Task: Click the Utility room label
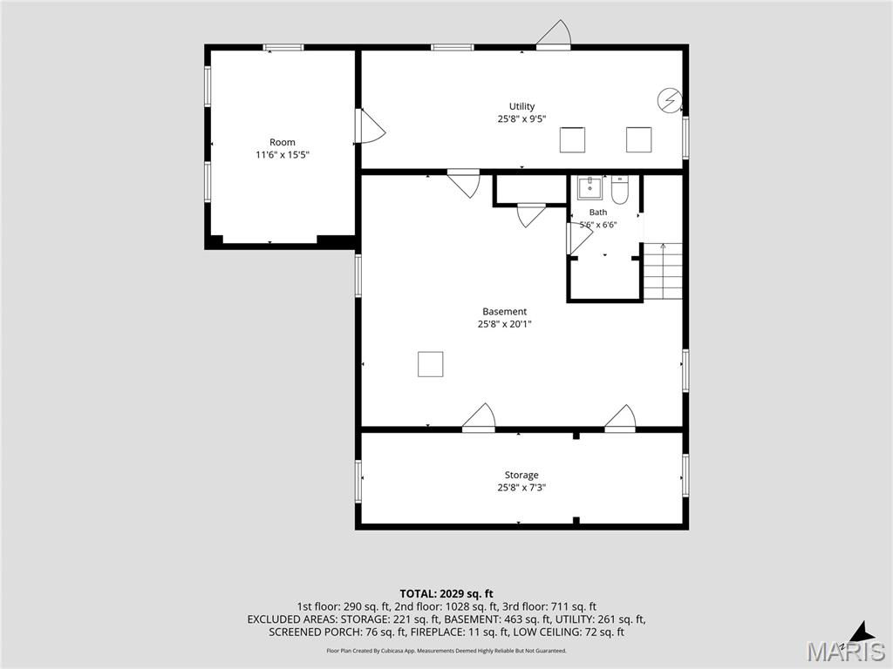pos(521,106)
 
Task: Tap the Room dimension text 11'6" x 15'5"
pos(283,155)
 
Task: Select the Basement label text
pos(505,311)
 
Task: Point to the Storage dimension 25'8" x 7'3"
pos(521,488)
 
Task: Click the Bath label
pos(598,213)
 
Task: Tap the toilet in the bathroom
pos(619,190)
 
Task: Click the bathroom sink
pos(590,188)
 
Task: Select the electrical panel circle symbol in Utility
pos(669,101)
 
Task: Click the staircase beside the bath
pos(663,271)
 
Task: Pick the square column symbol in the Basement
pos(431,364)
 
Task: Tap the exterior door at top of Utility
pos(554,33)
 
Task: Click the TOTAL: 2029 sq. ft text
pos(446,594)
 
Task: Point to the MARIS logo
pos(845,650)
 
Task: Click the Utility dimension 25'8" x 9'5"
pos(521,118)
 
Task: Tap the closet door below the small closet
pos(531,215)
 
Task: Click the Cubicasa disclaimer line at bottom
pos(446,650)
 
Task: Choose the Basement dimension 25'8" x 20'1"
pos(505,324)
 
